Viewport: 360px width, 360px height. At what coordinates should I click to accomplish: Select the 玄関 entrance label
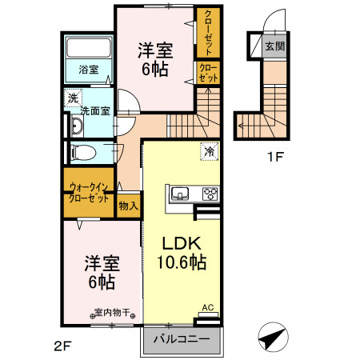pyautogui.click(x=274, y=46)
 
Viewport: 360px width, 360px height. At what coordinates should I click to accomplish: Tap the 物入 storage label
pyautogui.click(x=128, y=206)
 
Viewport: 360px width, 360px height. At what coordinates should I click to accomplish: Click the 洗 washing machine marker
pyautogui.click(x=72, y=98)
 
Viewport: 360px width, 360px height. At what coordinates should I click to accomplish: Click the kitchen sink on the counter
pyautogui.click(x=179, y=193)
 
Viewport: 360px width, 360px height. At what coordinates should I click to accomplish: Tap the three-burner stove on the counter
pyautogui.click(x=210, y=193)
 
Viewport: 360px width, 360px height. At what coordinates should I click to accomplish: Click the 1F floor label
pyautogui.click(x=275, y=158)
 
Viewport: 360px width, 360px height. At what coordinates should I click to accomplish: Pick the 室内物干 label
pyautogui.click(x=112, y=313)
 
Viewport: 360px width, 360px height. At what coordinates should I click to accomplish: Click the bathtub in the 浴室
pyautogui.click(x=88, y=46)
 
